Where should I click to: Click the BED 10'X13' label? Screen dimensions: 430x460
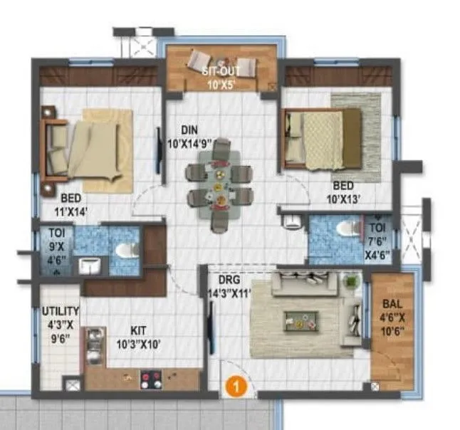click(346, 189)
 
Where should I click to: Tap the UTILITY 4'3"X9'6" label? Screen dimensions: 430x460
click(60, 325)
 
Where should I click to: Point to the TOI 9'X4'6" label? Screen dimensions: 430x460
click(56, 245)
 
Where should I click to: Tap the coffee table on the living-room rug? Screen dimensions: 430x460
click(302, 318)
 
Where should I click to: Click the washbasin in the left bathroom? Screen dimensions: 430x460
click(89, 266)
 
